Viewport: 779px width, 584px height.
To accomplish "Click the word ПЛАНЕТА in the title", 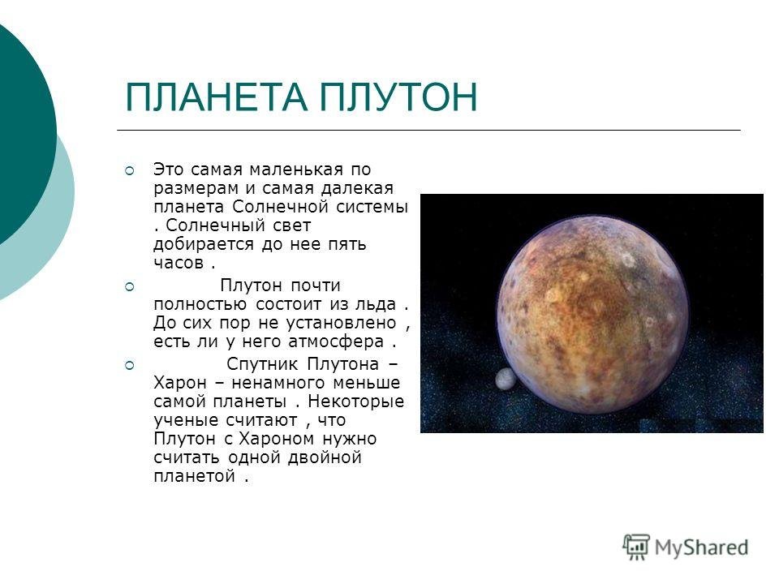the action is [217, 97].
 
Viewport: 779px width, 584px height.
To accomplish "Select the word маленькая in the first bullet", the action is [296, 170].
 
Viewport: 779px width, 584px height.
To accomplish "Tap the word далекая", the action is [357, 189].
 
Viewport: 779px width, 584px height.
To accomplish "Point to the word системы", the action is [372, 207].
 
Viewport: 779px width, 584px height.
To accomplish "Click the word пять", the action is [347, 245].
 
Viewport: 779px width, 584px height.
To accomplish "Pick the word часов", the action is [179, 263].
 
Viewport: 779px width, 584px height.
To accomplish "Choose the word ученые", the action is [187, 421].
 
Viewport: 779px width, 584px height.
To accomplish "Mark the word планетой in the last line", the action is [194, 476].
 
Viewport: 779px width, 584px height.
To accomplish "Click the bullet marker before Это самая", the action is [129, 171].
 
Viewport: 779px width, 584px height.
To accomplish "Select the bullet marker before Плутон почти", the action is [129, 286].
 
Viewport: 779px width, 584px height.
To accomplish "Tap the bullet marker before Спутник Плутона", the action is [129, 366].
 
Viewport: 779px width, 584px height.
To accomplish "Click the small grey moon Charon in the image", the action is [505, 379].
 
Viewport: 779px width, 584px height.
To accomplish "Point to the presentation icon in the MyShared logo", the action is [636, 547].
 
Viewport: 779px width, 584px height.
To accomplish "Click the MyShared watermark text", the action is [701, 547].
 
